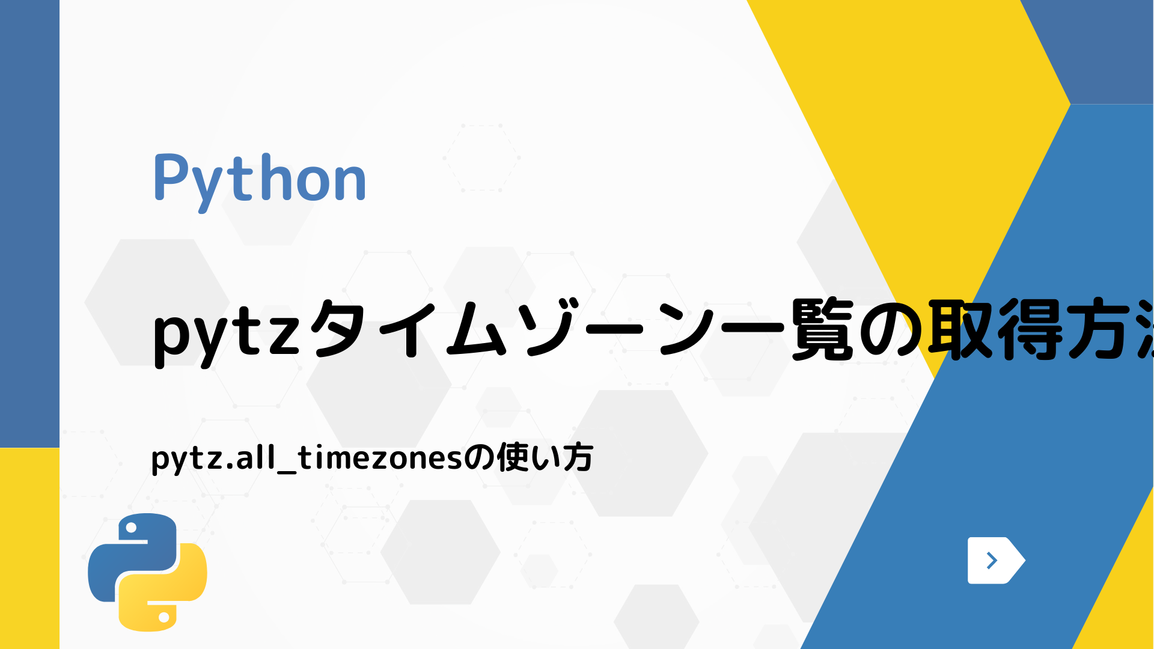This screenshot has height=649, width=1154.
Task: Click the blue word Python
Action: pos(260,179)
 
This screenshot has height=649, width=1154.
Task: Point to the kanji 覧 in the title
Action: pos(822,330)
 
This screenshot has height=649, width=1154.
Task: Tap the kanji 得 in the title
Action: pos(1030,330)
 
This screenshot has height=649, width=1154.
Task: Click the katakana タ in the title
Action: pos(340,330)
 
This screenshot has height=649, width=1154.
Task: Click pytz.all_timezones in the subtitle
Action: pos(307,459)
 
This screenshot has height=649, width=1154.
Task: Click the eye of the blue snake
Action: pos(130,528)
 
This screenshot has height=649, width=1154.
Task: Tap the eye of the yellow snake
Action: pos(163,617)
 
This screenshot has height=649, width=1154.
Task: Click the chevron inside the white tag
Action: pos(992,561)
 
